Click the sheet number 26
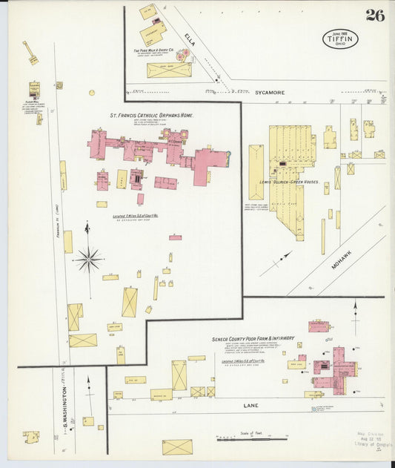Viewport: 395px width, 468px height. point(374,16)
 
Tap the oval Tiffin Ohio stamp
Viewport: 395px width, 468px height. point(339,39)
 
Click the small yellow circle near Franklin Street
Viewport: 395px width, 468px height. point(92,93)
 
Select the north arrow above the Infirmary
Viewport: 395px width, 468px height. point(355,314)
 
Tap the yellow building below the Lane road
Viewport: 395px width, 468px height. point(177,446)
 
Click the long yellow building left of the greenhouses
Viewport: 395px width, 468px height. point(256,172)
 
